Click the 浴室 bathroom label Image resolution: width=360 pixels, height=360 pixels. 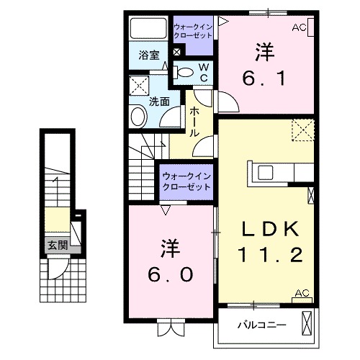[x=149, y=55]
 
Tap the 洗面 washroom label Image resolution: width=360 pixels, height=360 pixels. [x=159, y=101]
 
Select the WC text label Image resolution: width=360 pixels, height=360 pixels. [x=203, y=72]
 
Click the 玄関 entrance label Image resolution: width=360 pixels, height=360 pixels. [x=58, y=245]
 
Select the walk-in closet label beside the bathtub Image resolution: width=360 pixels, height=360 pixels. [x=192, y=32]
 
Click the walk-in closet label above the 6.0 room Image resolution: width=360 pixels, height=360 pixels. [x=186, y=180]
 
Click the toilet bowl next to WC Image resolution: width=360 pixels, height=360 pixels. [x=184, y=71]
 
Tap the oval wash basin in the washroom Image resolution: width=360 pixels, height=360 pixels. [x=138, y=117]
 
